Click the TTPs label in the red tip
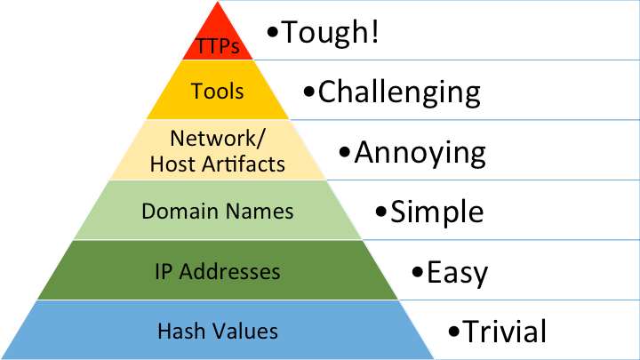pos(218,46)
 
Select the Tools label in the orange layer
pos(218,92)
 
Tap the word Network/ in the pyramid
pos(217,139)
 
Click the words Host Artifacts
pos(218,164)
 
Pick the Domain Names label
pos(218,212)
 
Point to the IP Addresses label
pos(218,271)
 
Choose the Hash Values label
pos(218,332)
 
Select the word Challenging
pos(399,91)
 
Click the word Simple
pos(437,212)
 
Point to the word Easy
pos(457,272)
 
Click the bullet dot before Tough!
pos(273,35)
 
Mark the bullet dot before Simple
pos(381,213)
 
